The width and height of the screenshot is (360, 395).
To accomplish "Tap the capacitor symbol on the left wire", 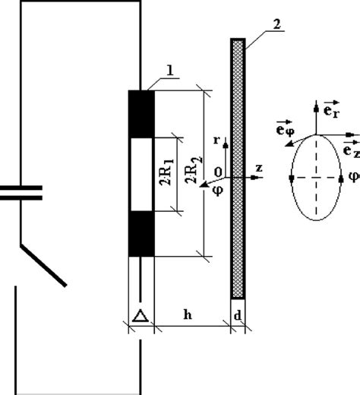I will coord(17,193).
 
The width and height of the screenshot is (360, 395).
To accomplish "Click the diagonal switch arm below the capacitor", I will coord(44,266).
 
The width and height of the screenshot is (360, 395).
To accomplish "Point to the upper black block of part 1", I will coord(141,114).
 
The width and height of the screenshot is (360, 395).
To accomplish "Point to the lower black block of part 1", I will coord(141,234).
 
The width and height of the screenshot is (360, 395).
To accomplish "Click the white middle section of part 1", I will coord(141,174).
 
